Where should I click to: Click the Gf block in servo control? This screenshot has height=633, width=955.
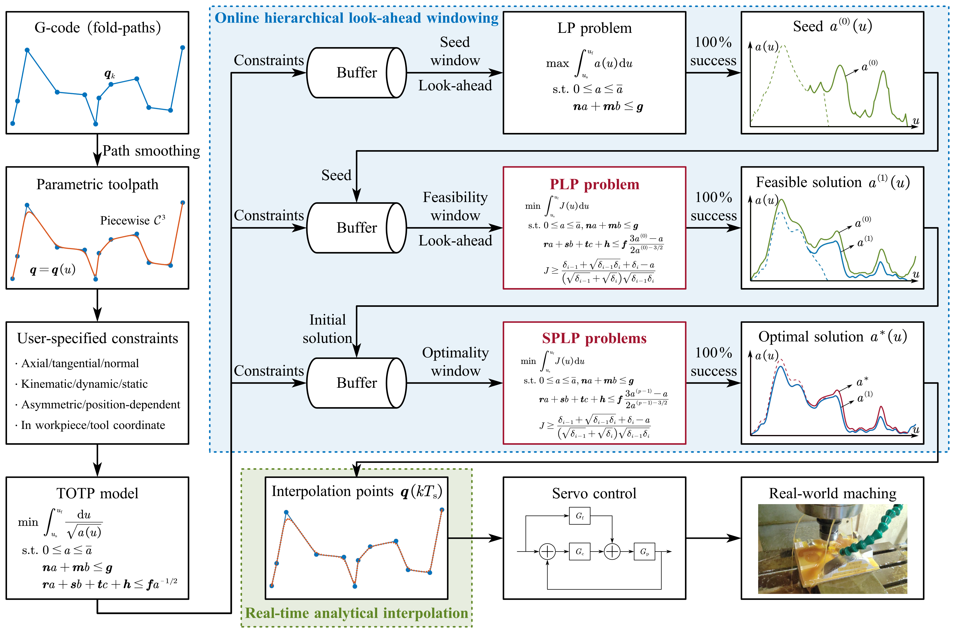(x=579, y=516)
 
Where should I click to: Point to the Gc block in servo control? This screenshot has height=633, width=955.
(x=579, y=551)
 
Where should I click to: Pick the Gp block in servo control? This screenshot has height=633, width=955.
(x=644, y=551)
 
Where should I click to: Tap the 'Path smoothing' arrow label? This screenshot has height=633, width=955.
(x=151, y=151)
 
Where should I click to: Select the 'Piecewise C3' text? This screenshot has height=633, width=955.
(x=133, y=220)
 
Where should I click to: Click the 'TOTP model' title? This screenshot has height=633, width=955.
(x=97, y=493)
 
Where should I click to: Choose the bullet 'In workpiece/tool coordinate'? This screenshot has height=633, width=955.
(x=93, y=425)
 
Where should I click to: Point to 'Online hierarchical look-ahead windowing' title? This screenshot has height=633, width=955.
(x=357, y=18)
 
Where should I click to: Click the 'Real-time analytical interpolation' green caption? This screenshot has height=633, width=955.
(x=357, y=613)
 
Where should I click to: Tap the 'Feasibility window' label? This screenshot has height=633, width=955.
(x=455, y=206)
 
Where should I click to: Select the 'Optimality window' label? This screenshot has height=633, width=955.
(x=455, y=362)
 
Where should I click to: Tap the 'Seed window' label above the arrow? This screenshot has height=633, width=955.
(x=455, y=51)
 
